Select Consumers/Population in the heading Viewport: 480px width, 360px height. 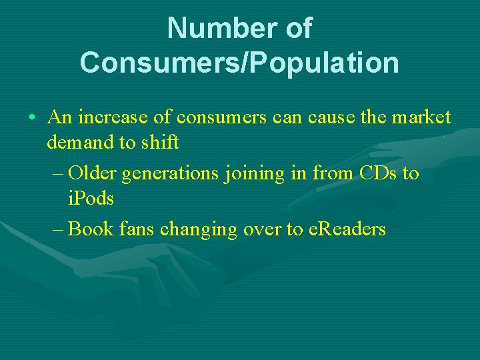pyautogui.click(x=239, y=62)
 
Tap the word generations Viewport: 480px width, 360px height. pyautogui.click(x=171, y=173)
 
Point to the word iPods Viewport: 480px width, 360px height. pyautogui.click(x=91, y=198)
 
